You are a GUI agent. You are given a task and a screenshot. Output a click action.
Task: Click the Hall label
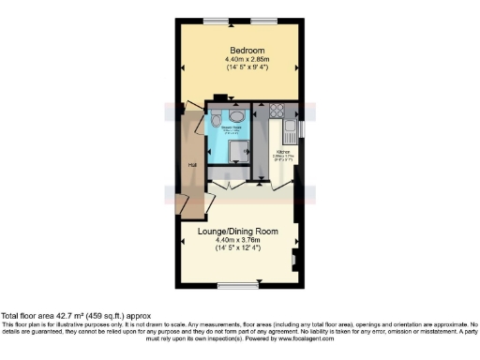pyautogui.click(x=192, y=165)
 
